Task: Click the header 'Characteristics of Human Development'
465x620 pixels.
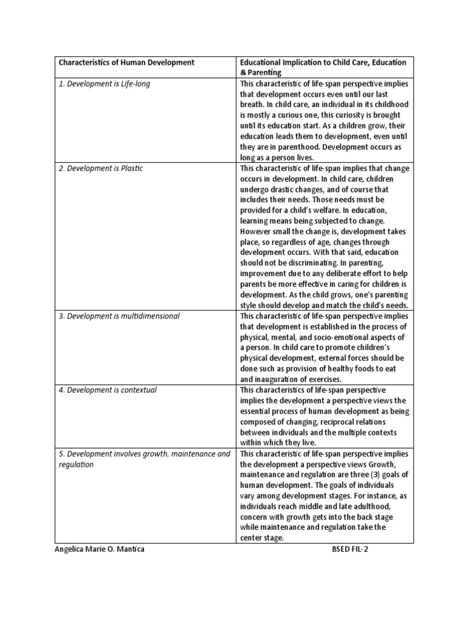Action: [126, 62]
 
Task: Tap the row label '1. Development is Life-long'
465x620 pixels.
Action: [104, 84]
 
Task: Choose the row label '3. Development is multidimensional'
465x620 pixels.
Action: [119, 315]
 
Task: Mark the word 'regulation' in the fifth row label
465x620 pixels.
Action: [76, 464]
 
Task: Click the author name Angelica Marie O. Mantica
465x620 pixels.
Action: [100, 549]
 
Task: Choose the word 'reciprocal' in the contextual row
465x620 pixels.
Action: [331, 421]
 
